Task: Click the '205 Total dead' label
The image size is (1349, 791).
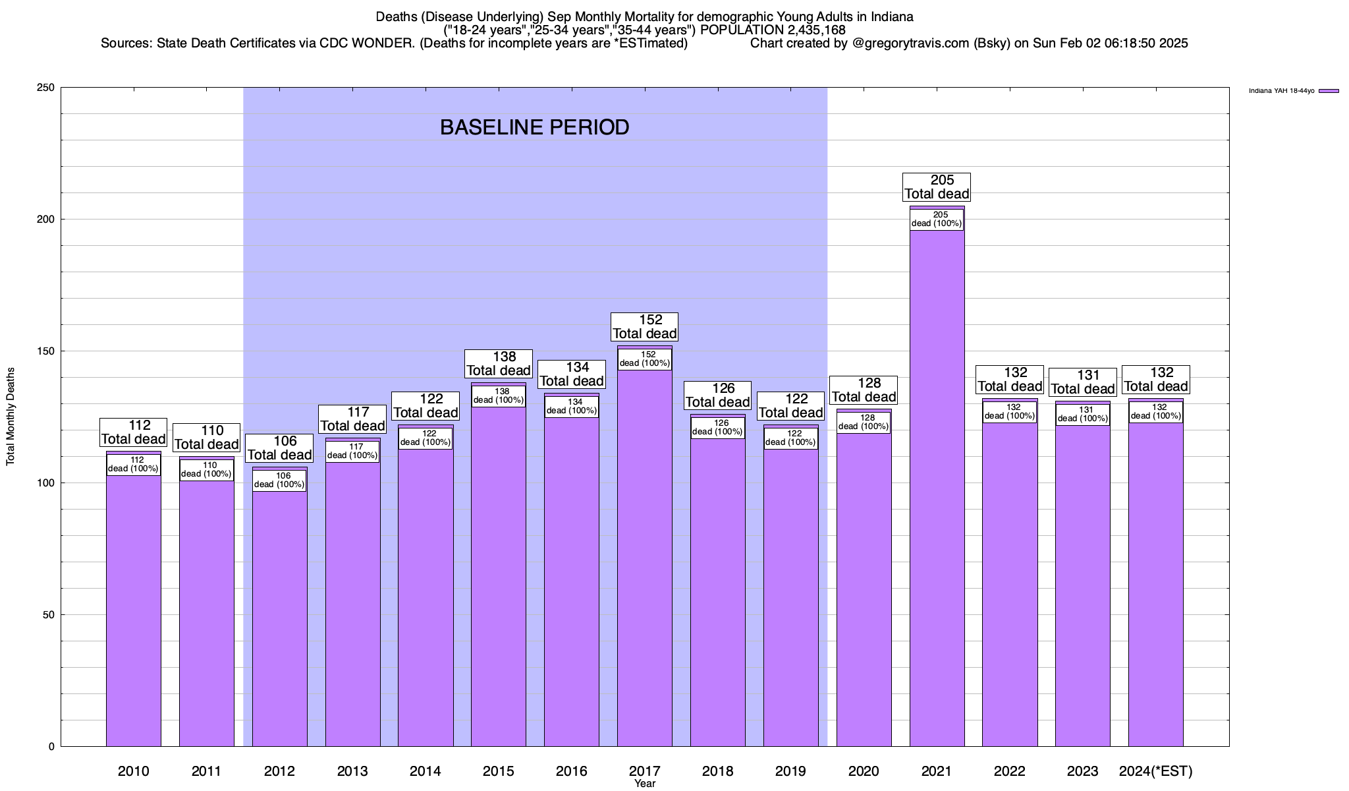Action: point(937,187)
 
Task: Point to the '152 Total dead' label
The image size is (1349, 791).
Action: point(644,327)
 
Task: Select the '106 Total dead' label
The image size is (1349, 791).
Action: point(279,448)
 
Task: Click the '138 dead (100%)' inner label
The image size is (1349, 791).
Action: point(499,396)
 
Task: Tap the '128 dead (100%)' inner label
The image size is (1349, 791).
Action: point(864,423)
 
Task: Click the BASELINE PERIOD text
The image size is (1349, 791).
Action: point(534,127)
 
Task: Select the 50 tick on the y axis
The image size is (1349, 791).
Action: point(49,615)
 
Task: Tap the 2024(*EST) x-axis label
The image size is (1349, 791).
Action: point(1155,771)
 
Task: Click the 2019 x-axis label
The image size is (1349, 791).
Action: point(790,771)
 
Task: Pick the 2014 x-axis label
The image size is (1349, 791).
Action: point(426,771)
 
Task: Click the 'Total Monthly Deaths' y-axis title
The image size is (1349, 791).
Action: point(11,417)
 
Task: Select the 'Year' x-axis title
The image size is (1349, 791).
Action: point(645,784)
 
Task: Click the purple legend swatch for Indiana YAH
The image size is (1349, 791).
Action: point(1329,91)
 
